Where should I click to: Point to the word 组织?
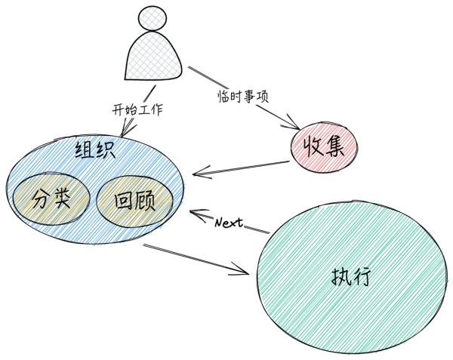[94, 150]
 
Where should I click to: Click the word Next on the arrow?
[228, 223]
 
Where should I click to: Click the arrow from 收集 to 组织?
[242, 168]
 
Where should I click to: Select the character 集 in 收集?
[335, 146]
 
